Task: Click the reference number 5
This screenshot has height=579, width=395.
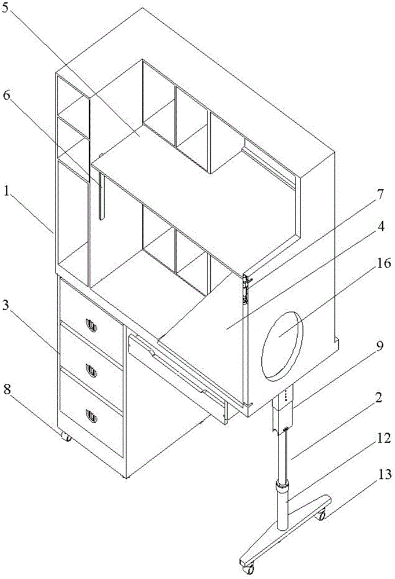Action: pyautogui.click(x=6, y=9)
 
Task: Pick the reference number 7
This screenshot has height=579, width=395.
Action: pyautogui.click(x=379, y=194)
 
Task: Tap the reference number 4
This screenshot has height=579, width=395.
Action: pyautogui.click(x=379, y=226)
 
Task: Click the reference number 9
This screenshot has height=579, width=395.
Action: pyautogui.click(x=379, y=346)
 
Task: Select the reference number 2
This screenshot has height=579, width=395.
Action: pyautogui.click(x=379, y=398)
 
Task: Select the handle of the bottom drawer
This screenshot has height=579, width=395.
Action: pyautogui.click(x=91, y=415)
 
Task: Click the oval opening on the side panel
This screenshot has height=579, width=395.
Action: pyautogui.click(x=281, y=345)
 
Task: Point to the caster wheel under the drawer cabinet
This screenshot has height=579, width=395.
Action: pyautogui.click(x=67, y=437)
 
